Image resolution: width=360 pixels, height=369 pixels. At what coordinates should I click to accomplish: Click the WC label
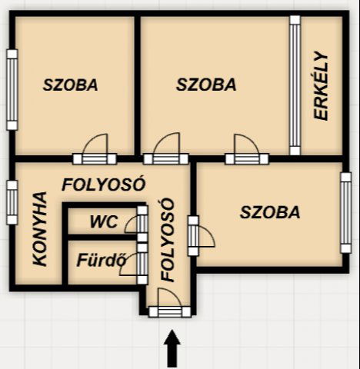[104, 221]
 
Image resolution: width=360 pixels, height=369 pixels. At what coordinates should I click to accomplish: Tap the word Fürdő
[102, 261]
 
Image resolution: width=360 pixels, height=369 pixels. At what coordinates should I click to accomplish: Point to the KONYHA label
[40, 228]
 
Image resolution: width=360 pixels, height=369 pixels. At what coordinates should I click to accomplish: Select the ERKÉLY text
[321, 86]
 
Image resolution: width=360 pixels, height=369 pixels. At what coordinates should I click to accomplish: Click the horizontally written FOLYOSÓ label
[104, 184]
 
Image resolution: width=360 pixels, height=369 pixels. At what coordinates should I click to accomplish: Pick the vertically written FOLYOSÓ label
[167, 240]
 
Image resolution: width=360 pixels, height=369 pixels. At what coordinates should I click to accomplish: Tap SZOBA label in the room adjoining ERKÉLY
[206, 85]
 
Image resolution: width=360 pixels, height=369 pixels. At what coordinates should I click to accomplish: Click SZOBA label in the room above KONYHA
[70, 85]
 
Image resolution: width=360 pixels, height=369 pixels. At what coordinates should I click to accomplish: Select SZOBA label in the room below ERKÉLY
[270, 212]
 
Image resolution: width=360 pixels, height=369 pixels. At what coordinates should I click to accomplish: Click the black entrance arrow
[172, 349]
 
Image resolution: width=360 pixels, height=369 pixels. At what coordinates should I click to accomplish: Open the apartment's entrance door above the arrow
[170, 311]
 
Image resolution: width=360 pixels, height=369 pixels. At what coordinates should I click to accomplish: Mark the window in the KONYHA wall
[12, 202]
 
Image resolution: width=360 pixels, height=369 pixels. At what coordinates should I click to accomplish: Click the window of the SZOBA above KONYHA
[12, 89]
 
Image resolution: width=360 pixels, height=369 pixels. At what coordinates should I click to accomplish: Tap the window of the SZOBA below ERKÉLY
[346, 213]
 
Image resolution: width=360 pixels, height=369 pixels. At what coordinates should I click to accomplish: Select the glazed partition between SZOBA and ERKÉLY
[295, 85]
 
